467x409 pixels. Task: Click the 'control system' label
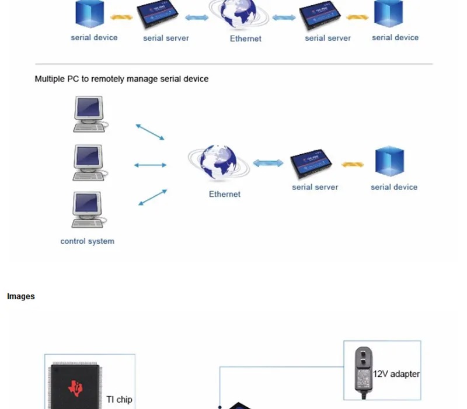[87, 241]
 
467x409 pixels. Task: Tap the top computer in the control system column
[90, 114]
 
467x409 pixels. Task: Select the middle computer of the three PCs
[89, 163]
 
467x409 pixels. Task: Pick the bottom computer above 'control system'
[89, 210]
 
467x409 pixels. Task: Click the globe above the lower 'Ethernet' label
[218, 162]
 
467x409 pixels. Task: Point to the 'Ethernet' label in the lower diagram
[225, 195]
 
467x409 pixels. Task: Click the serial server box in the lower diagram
[311, 164]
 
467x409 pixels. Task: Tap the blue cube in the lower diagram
[389, 161]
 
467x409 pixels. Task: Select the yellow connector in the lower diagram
[353, 164]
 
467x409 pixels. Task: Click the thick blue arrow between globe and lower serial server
[268, 163]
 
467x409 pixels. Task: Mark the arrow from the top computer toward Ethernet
[150, 132]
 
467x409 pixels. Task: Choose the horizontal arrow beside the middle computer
[150, 165]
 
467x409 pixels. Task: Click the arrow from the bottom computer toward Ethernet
[152, 197]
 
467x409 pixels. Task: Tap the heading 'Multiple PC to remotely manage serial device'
[121, 79]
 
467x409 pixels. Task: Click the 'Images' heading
[21, 296]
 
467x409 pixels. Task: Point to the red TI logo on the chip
[75, 388]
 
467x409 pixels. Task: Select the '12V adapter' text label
[396, 374]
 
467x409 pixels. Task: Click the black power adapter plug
[363, 371]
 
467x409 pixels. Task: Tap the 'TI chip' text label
[119, 400]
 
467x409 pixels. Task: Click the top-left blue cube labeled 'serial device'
[90, 13]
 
